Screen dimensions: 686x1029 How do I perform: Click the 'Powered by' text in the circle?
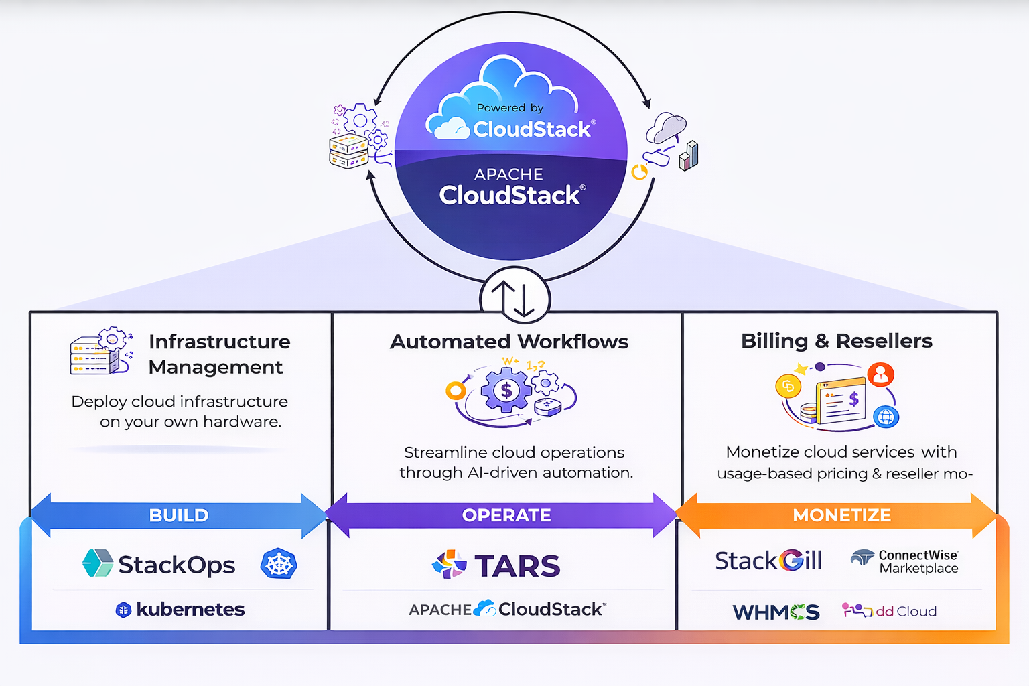click(x=510, y=107)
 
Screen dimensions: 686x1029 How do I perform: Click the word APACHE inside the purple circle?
click(x=508, y=174)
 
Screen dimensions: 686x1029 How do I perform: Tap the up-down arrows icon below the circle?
click(x=514, y=298)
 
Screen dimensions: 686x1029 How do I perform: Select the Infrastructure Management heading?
click(x=219, y=354)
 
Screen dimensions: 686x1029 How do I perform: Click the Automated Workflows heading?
click(x=509, y=342)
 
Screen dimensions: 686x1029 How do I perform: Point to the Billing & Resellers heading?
click(x=836, y=341)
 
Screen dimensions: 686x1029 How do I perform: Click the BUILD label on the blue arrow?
click(x=179, y=515)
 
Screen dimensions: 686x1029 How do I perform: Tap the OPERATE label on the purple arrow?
click(x=506, y=515)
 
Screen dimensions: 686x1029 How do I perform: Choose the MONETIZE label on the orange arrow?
click(x=841, y=515)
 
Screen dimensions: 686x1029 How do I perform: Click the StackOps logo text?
click(x=176, y=565)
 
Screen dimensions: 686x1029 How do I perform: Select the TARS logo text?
click(x=517, y=566)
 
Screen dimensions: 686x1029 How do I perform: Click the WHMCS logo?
click(x=776, y=612)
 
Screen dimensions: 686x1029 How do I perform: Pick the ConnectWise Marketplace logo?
click(x=905, y=561)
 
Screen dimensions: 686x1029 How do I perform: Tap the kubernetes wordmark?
click(x=190, y=610)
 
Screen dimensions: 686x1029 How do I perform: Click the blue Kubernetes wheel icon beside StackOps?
click(x=279, y=564)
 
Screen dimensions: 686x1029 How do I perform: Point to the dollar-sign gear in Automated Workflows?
click(x=506, y=390)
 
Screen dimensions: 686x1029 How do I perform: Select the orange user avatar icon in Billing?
click(x=880, y=374)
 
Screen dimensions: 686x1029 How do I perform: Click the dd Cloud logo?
click(x=889, y=611)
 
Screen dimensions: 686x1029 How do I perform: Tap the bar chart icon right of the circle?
click(x=689, y=156)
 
